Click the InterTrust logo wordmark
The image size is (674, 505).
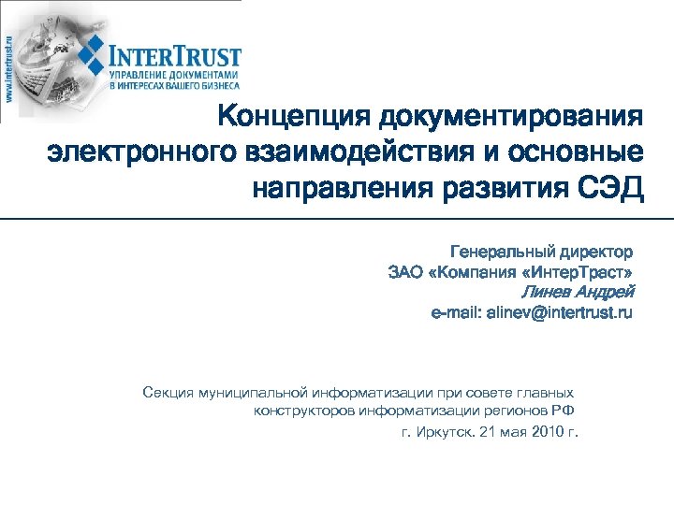coord(175,56)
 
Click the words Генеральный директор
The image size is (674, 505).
coord(541,252)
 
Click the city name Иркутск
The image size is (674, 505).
coord(445,434)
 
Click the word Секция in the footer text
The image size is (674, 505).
coord(168,393)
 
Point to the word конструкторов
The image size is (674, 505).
coord(299,411)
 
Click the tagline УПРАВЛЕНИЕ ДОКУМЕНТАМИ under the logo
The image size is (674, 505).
coord(173,74)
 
